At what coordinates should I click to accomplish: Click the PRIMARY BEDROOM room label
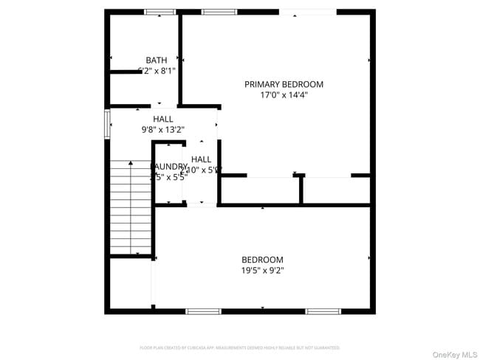point(284,84)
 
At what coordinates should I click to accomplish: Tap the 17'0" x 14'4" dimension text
point(284,94)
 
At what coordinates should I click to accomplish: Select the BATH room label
point(156,60)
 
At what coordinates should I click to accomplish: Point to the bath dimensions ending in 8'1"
point(157,71)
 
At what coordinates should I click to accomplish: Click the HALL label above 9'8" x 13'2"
point(163,119)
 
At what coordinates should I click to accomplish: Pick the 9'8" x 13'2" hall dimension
point(163,129)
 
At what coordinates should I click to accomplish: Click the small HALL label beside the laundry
point(201,159)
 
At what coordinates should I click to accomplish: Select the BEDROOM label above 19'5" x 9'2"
point(262,260)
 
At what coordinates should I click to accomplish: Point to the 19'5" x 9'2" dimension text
point(262,270)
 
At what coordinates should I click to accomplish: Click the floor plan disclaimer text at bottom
point(240,347)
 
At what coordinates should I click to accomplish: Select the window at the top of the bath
point(160,12)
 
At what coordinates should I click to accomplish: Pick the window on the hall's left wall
point(108,124)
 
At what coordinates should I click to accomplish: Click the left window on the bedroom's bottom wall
point(203,311)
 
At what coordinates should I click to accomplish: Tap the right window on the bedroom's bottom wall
point(323,311)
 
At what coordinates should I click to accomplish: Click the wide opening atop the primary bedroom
point(307,12)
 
